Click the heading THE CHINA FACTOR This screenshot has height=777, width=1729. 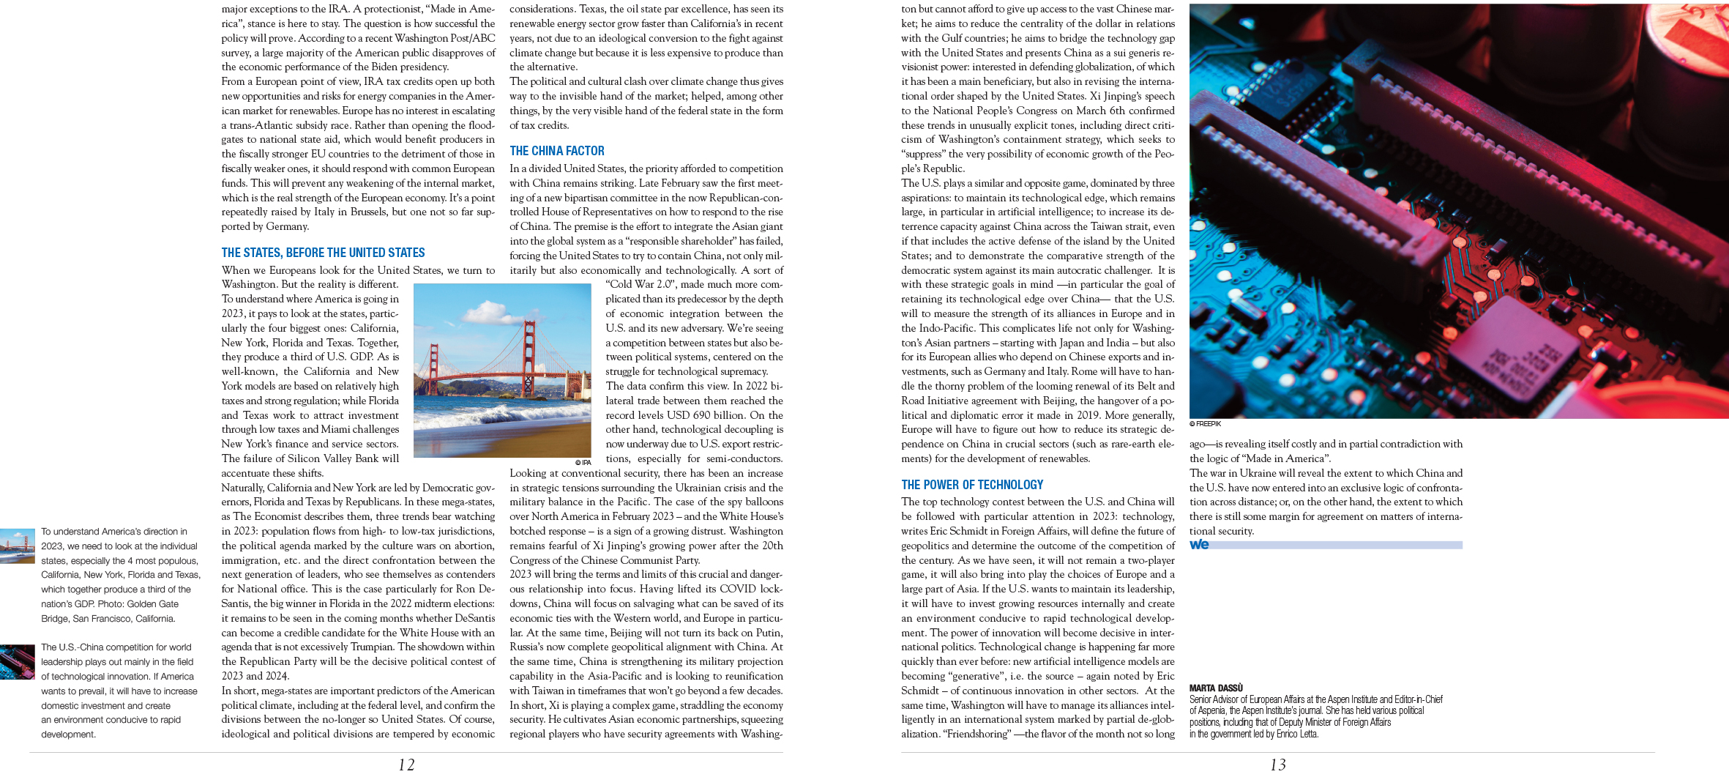click(x=556, y=151)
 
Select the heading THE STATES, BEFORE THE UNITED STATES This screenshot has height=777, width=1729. click(x=323, y=253)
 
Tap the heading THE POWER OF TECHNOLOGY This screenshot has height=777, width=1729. click(x=972, y=485)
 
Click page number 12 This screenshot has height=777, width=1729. click(x=406, y=765)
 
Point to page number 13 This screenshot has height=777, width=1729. click(x=1277, y=765)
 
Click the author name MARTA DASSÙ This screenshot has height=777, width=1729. click(x=1216, y=688)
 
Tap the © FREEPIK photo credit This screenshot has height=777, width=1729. click(x=1205, y=424)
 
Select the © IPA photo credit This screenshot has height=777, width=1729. click(x=583, y=463)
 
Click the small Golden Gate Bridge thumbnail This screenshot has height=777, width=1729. click(x=17, y=546)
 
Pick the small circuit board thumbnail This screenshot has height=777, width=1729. click(x=17, y=661)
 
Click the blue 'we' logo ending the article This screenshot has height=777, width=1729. click(x=1199, y=544)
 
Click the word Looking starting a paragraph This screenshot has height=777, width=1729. click(x=527, y=473)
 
